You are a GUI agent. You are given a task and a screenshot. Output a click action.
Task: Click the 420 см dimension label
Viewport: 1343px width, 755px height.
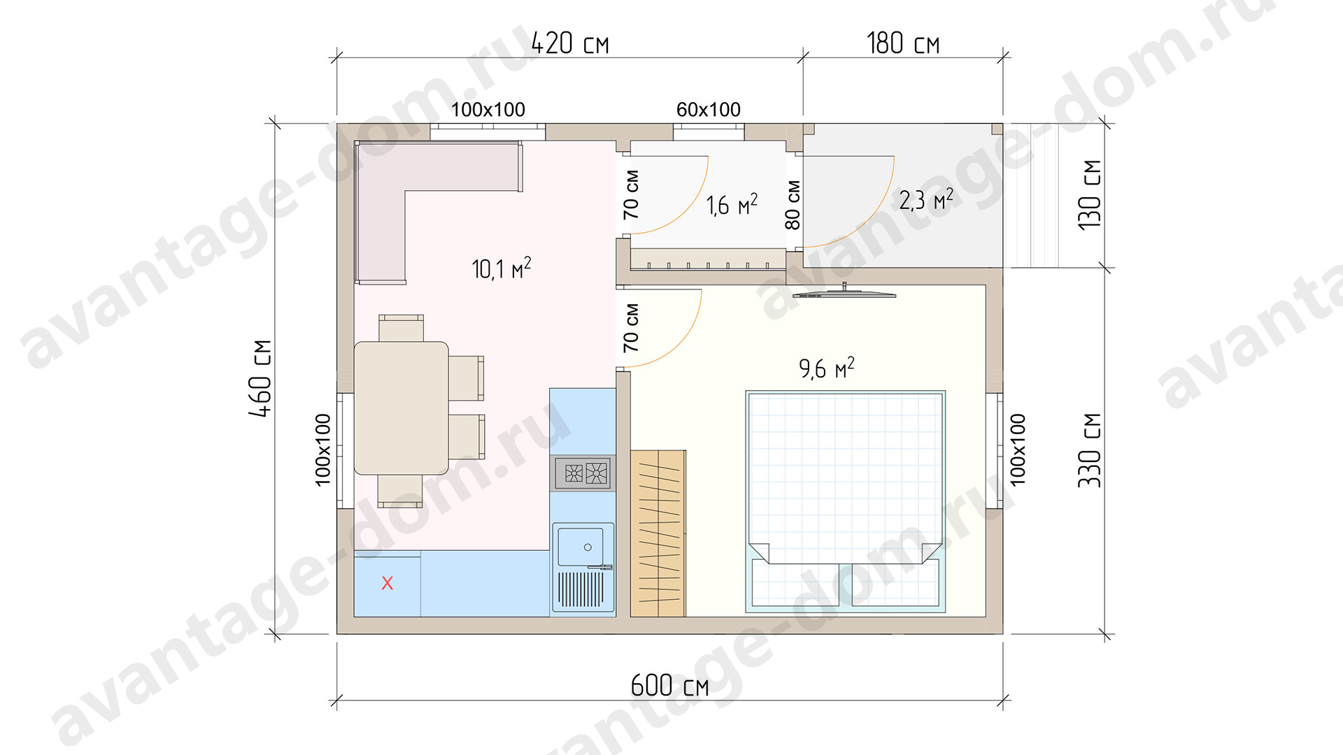tap(570, 43)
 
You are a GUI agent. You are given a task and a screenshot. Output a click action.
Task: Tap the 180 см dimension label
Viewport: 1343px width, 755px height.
tap(903, 43)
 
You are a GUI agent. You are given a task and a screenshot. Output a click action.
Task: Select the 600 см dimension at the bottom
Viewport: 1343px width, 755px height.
tap(669, 685)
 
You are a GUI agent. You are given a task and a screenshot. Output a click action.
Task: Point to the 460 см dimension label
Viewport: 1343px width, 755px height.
tap(260, 378)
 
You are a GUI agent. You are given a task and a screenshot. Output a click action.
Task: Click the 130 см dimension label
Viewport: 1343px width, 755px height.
tap(1090, 194)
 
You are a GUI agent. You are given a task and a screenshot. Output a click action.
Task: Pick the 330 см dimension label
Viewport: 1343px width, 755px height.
tap(1090, 450)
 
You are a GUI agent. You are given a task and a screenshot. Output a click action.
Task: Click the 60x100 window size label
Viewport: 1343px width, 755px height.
tap(708, 110)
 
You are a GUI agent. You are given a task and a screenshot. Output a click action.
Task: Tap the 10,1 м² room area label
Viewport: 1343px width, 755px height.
tap(502, 268)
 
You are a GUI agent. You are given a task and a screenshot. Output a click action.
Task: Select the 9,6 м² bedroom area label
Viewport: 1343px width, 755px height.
tap(827, 368)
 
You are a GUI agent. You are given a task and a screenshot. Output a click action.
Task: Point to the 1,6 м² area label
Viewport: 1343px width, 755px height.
tap(732, 205)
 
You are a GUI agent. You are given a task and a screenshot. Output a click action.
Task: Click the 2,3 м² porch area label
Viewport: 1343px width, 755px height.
tap(926, 200)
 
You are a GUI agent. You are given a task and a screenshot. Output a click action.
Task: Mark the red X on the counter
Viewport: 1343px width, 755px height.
tap(387, 583)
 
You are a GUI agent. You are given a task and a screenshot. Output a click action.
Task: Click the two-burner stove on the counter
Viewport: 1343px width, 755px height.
tap(583, 473)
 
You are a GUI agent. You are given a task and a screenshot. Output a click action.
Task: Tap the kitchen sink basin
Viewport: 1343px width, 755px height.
tap(580, 547)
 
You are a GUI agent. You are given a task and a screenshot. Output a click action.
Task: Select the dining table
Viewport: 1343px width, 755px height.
tap(402, 408)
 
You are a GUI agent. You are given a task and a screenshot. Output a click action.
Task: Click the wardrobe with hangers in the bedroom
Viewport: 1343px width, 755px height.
tap(658, 533)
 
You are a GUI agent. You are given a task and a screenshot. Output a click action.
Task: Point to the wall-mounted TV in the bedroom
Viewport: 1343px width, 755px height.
tap(844, 294)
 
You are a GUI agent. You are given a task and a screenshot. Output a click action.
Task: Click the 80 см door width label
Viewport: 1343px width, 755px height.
tap(793, 205)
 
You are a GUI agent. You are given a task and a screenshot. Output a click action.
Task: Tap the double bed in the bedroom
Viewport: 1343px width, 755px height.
tap(846, 502)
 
